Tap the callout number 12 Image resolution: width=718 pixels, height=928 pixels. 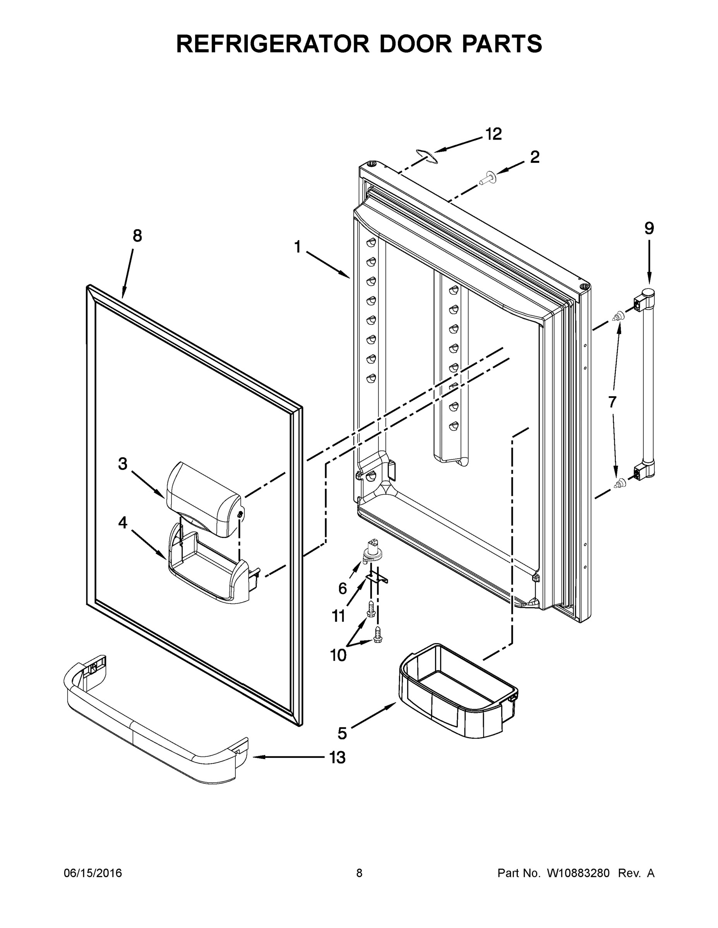tap(494, 134)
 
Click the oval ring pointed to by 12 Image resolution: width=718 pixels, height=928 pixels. tap(426, 156)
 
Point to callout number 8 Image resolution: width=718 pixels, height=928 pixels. tap(137, 236)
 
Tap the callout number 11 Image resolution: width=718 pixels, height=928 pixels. tap(339, 616)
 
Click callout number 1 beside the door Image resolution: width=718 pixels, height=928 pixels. tap(297, 247)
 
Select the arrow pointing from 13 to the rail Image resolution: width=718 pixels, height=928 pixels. tap(289, 757)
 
